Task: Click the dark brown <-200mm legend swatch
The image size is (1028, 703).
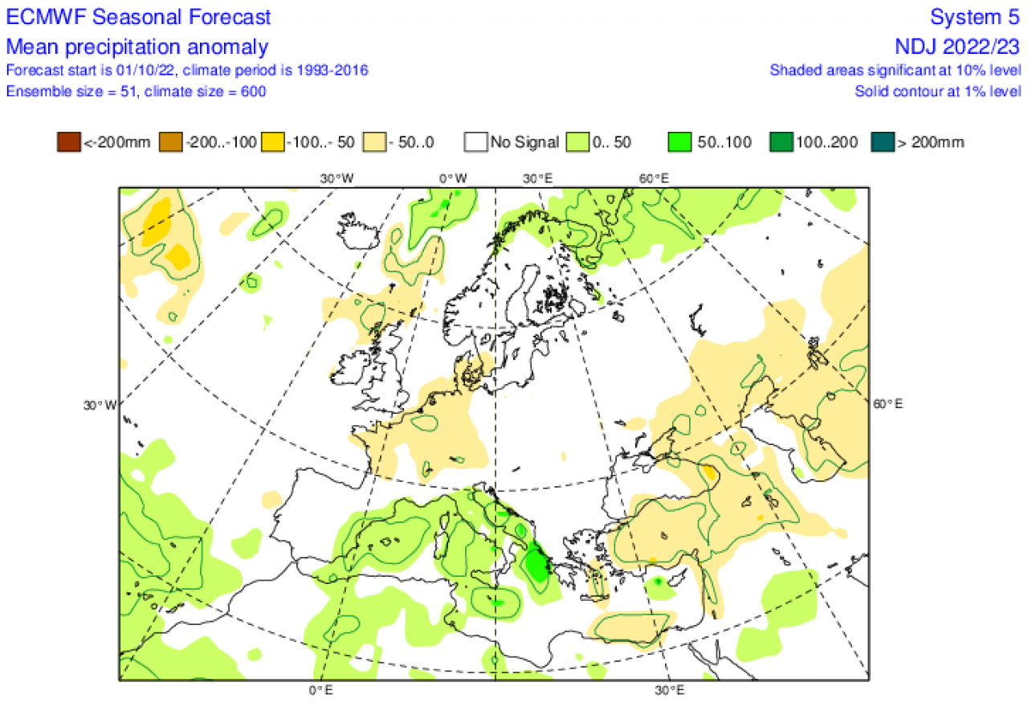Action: click(x=68, y=143)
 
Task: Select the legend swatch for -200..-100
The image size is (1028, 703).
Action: click(x=171, y=143)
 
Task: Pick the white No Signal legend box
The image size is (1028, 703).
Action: click(x=475, y=143)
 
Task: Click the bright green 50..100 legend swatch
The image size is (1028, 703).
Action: click(x=679, y=143)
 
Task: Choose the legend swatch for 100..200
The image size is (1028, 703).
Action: click(x=781, y=143)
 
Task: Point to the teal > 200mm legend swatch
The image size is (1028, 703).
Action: click(x=883, y=143)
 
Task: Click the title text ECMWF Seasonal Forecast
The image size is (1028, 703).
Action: click(x=139, y=17)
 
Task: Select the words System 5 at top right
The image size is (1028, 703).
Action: click(x=975, y=17)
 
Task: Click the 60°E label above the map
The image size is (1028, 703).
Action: click(x=654, y=178)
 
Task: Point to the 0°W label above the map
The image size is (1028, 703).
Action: click(x=452, y=178)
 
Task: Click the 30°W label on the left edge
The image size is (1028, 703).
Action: click(x=100, y=404)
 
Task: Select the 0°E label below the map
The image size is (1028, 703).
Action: click(x=321, y=690)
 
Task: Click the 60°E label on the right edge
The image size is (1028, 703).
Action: click(x=887, y=404)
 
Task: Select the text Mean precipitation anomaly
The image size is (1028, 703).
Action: click(x=137, y=46)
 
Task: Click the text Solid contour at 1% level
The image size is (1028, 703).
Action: click(x=937, y=91)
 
